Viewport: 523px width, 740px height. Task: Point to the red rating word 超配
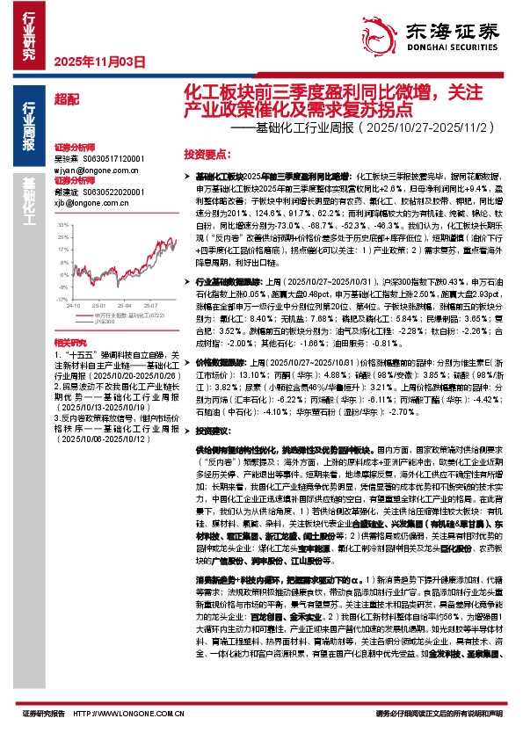[65, 99]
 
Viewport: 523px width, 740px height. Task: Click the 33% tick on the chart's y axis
[62, 225]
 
